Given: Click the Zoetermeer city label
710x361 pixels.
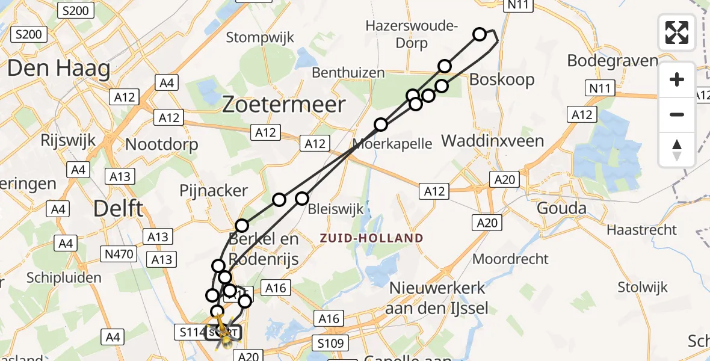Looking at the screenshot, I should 284,105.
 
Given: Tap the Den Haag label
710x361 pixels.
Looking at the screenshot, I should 58,69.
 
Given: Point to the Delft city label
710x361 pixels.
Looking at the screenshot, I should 119,209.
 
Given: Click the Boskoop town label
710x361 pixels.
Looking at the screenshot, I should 501,79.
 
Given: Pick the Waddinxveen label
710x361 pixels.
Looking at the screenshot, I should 492,141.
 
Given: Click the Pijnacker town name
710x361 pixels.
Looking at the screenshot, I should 214,191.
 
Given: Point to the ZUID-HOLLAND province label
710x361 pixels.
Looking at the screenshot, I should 371,238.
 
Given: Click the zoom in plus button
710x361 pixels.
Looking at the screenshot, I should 677,80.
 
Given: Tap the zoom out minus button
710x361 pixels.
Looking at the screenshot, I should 677,114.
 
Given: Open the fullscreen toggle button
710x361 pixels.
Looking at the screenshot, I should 677,32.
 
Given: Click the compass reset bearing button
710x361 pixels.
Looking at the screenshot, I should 677,149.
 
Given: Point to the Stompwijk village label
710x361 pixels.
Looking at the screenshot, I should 260,37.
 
